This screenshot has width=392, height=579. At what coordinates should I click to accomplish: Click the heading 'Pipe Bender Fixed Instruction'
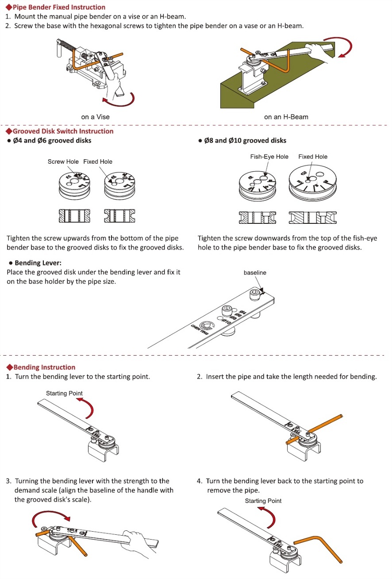pyautogui.click(x=58, y=7)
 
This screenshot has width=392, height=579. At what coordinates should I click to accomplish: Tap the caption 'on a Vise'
pyautogui.click(x=95, y=117)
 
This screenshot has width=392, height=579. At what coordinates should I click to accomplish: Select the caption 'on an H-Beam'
pyautogui.click(x=286, y=117)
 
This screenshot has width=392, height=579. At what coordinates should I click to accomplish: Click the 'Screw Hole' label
pyautogui.click(x=63, y=162)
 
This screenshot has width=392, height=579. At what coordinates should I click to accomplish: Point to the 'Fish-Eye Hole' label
pyautogui.click(x=269, y=157)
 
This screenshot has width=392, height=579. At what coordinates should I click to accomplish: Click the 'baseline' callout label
pyautogui.click(x=255, y=273)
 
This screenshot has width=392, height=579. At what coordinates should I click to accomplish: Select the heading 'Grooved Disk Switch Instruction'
pyautogui.click(x=62, y=131)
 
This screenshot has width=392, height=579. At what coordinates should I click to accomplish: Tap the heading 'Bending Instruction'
pyautogui.click(x=44, y=368)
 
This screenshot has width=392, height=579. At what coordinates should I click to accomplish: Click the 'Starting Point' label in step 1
pyautogui.click(x=64, y=394)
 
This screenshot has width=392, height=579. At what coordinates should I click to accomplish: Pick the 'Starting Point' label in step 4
pyautogui.click(x=263, y=501)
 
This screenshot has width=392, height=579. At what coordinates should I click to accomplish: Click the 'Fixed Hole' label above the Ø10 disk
pyautogui.click(x=313, y=157)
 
